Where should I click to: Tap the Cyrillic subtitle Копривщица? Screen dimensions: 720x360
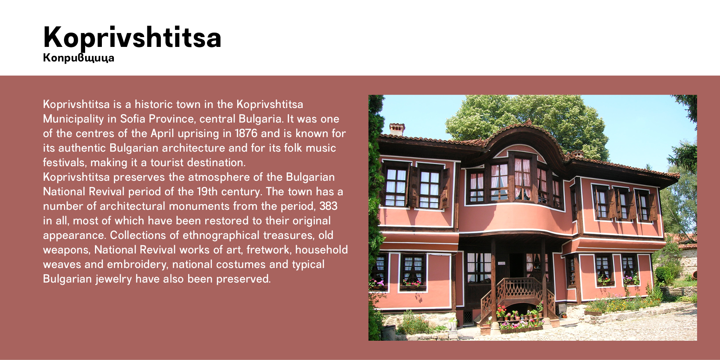click(79, 58)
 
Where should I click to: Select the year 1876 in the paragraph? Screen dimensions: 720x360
click(246, 133)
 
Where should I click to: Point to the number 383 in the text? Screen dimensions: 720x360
click(328, 206)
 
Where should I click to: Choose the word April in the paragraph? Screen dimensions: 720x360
click(162, 133)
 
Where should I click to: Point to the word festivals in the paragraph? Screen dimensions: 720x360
click(65, 163)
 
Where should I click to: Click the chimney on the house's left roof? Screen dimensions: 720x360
click(397, 129)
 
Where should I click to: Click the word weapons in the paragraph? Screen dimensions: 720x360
click(67, 250)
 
